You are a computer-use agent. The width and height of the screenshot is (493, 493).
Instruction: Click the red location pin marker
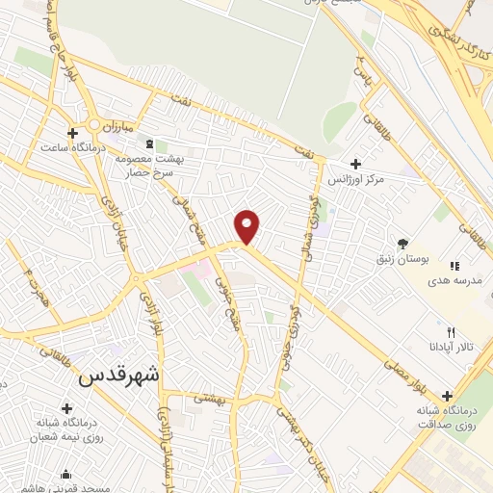point(248,227)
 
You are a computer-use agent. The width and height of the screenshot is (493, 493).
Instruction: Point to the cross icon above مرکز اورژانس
point(357,165)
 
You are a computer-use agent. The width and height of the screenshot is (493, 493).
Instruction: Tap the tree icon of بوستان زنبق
point(402,244)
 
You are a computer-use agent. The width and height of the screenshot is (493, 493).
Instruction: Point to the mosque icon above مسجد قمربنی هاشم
point(65,474)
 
